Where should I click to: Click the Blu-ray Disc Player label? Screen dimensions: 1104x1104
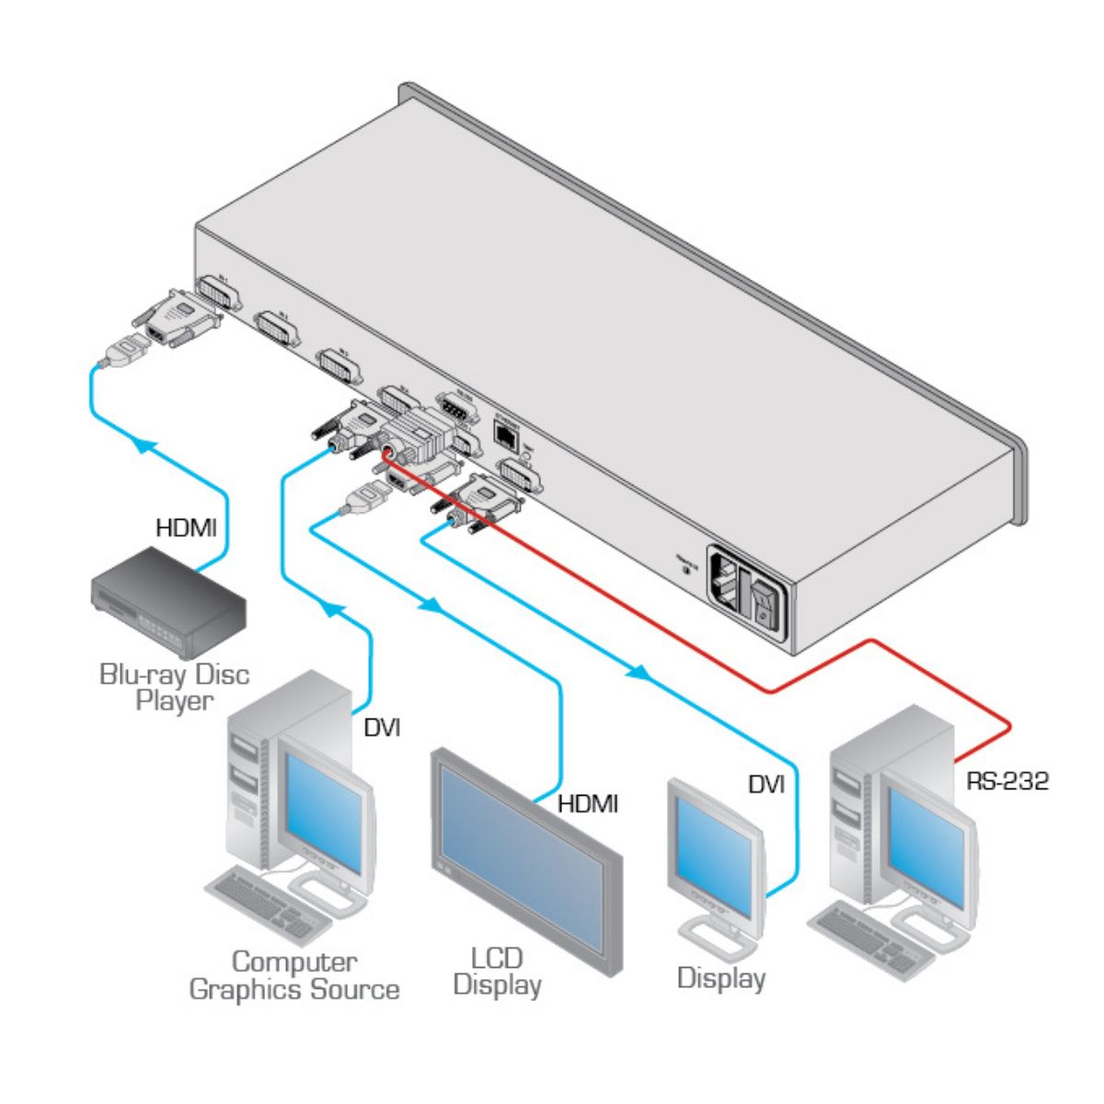pos(174,687)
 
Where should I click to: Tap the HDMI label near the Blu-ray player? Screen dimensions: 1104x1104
pos(186,528)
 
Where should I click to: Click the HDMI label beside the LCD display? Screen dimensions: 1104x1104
pos(588,804)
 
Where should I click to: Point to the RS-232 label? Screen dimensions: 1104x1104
pos(1007,782)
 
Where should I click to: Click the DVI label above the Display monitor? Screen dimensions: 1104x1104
pos(765,785)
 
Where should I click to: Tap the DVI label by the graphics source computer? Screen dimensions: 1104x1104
pos(382,728)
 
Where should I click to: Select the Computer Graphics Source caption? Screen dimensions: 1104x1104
pos(294,976)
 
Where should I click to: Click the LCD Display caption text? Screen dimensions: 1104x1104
pos(498,972)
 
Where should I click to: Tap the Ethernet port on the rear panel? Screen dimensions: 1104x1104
pos(505,431)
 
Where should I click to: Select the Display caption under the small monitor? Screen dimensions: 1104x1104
pos(721,978)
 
